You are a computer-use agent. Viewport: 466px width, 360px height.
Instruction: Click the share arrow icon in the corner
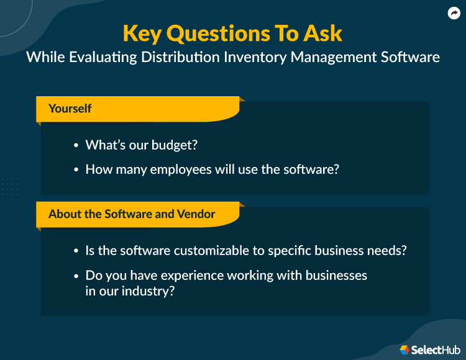click(x=454, y=13)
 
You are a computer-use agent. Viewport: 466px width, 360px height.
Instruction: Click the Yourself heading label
click(x=70, y=109)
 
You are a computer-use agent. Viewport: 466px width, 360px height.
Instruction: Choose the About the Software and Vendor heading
click(x=132, y=214)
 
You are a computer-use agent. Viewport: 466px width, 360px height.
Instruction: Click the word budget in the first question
click(x=175, y=145)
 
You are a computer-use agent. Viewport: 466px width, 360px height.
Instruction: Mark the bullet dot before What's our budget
click(x=76, y=146)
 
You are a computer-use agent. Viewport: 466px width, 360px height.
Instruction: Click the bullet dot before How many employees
click(x=76, y=169)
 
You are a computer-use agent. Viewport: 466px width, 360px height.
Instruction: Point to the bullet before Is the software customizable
click(x=76, y=251)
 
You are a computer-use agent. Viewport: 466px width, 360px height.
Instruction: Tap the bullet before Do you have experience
click(x=76, y=275)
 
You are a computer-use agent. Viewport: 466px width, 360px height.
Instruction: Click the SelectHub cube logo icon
click(x=404, y=349)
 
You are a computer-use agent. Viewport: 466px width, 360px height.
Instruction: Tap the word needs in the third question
click(x=389, y=251)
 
